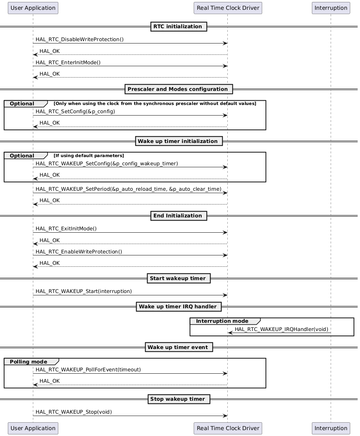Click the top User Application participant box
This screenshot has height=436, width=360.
33,8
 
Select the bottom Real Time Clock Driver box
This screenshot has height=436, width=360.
228,428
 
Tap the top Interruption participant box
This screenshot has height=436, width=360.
331,8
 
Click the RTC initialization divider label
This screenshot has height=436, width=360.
178,27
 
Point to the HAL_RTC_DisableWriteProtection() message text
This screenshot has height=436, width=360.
79,40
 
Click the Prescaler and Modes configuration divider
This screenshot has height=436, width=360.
178,89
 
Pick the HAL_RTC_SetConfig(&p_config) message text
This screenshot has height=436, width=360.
76,112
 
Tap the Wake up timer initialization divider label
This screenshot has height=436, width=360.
178,141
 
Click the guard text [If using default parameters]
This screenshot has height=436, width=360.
89,156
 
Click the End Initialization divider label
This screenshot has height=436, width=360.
178,216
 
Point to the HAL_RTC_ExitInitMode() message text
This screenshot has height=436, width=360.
66,229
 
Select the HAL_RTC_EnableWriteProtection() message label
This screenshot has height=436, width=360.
79,252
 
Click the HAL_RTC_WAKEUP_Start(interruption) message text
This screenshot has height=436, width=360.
84,291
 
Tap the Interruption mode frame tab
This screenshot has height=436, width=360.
222,321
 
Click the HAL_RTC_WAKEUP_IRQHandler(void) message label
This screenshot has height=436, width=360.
281,329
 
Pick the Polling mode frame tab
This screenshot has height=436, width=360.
29,362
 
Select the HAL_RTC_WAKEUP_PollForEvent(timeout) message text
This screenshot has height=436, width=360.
88,370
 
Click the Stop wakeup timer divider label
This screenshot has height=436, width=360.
178,399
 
